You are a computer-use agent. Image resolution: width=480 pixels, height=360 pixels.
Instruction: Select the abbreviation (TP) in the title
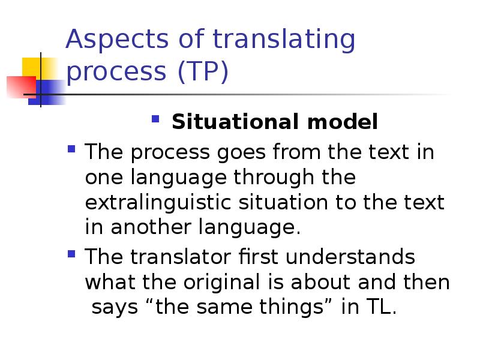click(x=203, y=72)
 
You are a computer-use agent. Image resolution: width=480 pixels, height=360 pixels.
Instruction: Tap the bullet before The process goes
click(x=72, y=149)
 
